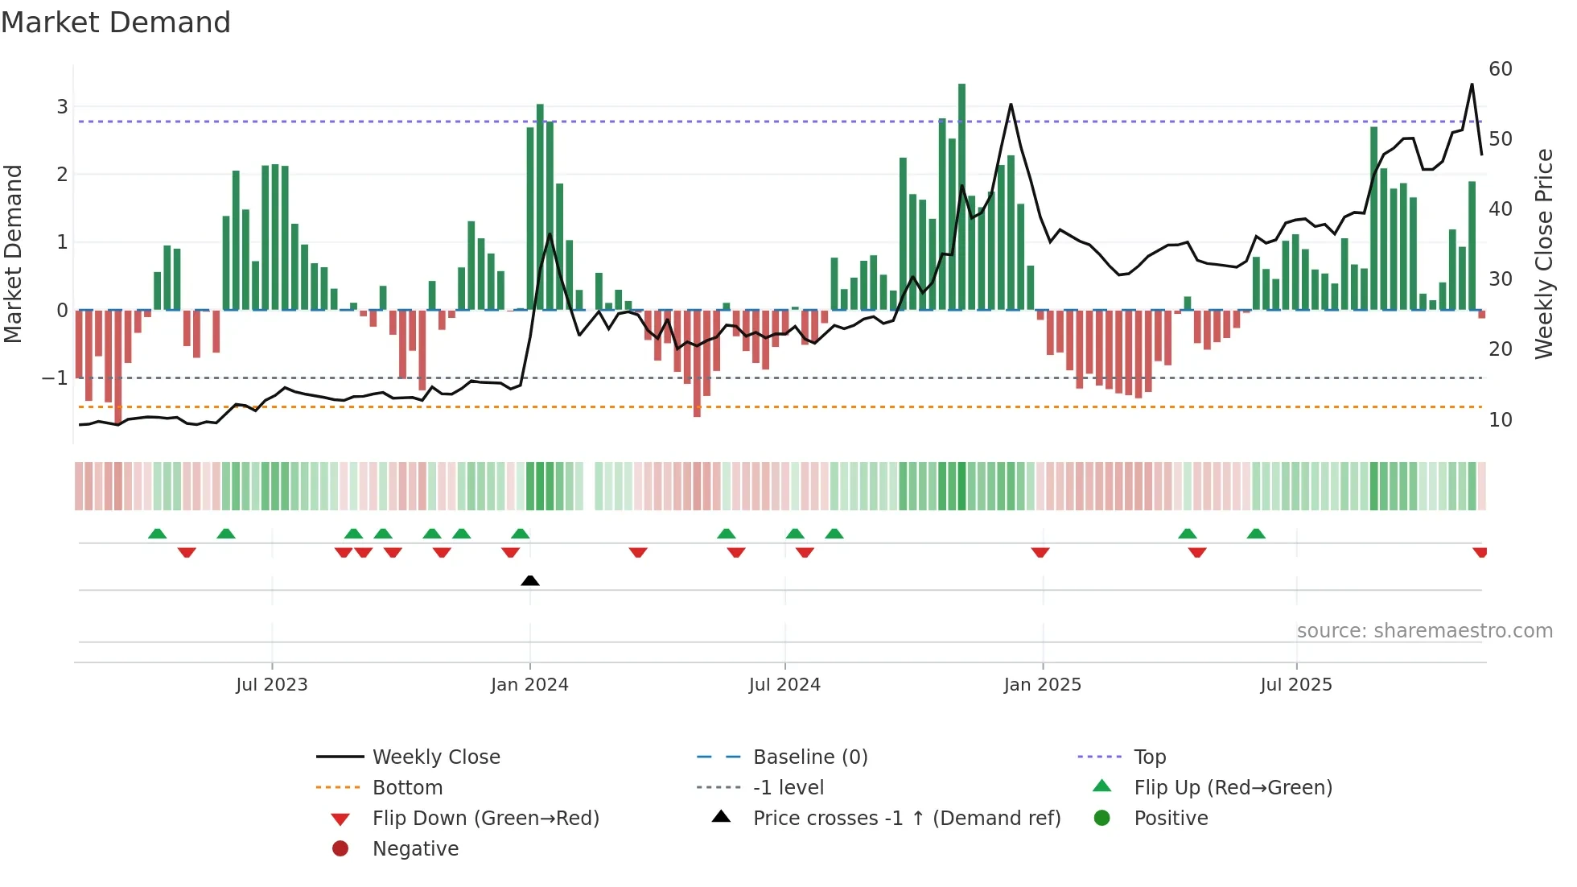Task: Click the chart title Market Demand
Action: [x=116, y=23]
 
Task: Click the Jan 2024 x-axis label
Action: [x=529, y=685]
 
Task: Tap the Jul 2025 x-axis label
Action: [x=1296, y=685]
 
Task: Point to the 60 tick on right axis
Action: [x=1501, y=69]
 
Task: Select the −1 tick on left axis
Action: [x=56, y=377]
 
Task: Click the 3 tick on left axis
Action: [x=62, y=106]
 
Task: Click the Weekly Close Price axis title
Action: [x=1543, y=254]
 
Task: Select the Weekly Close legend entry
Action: [x=435, y=757]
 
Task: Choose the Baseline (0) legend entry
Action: [x=809, y=757]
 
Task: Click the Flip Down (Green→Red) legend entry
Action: [x=485, y=818]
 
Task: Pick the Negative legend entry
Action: [x=415, y=848]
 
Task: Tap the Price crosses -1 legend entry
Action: [x=906, y=818]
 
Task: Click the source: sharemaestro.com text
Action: [x=1424, y=630]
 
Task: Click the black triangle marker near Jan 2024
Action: [x=530, y=580]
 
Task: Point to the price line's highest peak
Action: [x=1472, y=85]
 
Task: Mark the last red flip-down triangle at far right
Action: [x=1480, y=552]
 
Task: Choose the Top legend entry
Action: [x=1150, y=757]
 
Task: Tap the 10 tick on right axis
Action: [x=1501, y=419]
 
